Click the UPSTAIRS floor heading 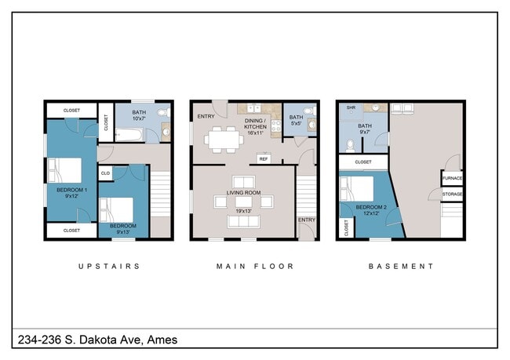(109, 267)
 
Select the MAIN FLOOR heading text (255, 267)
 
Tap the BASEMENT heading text (401, 267)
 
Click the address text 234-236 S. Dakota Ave (97, 340)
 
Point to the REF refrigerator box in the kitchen (264, 158)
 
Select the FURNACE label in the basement (452, 178)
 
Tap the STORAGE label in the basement (452, 193)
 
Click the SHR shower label (351, 108)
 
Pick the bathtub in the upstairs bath (129, 137)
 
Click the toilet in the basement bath (350, 144)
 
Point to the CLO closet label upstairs (104, 172)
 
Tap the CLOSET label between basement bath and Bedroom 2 (363, 162)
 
